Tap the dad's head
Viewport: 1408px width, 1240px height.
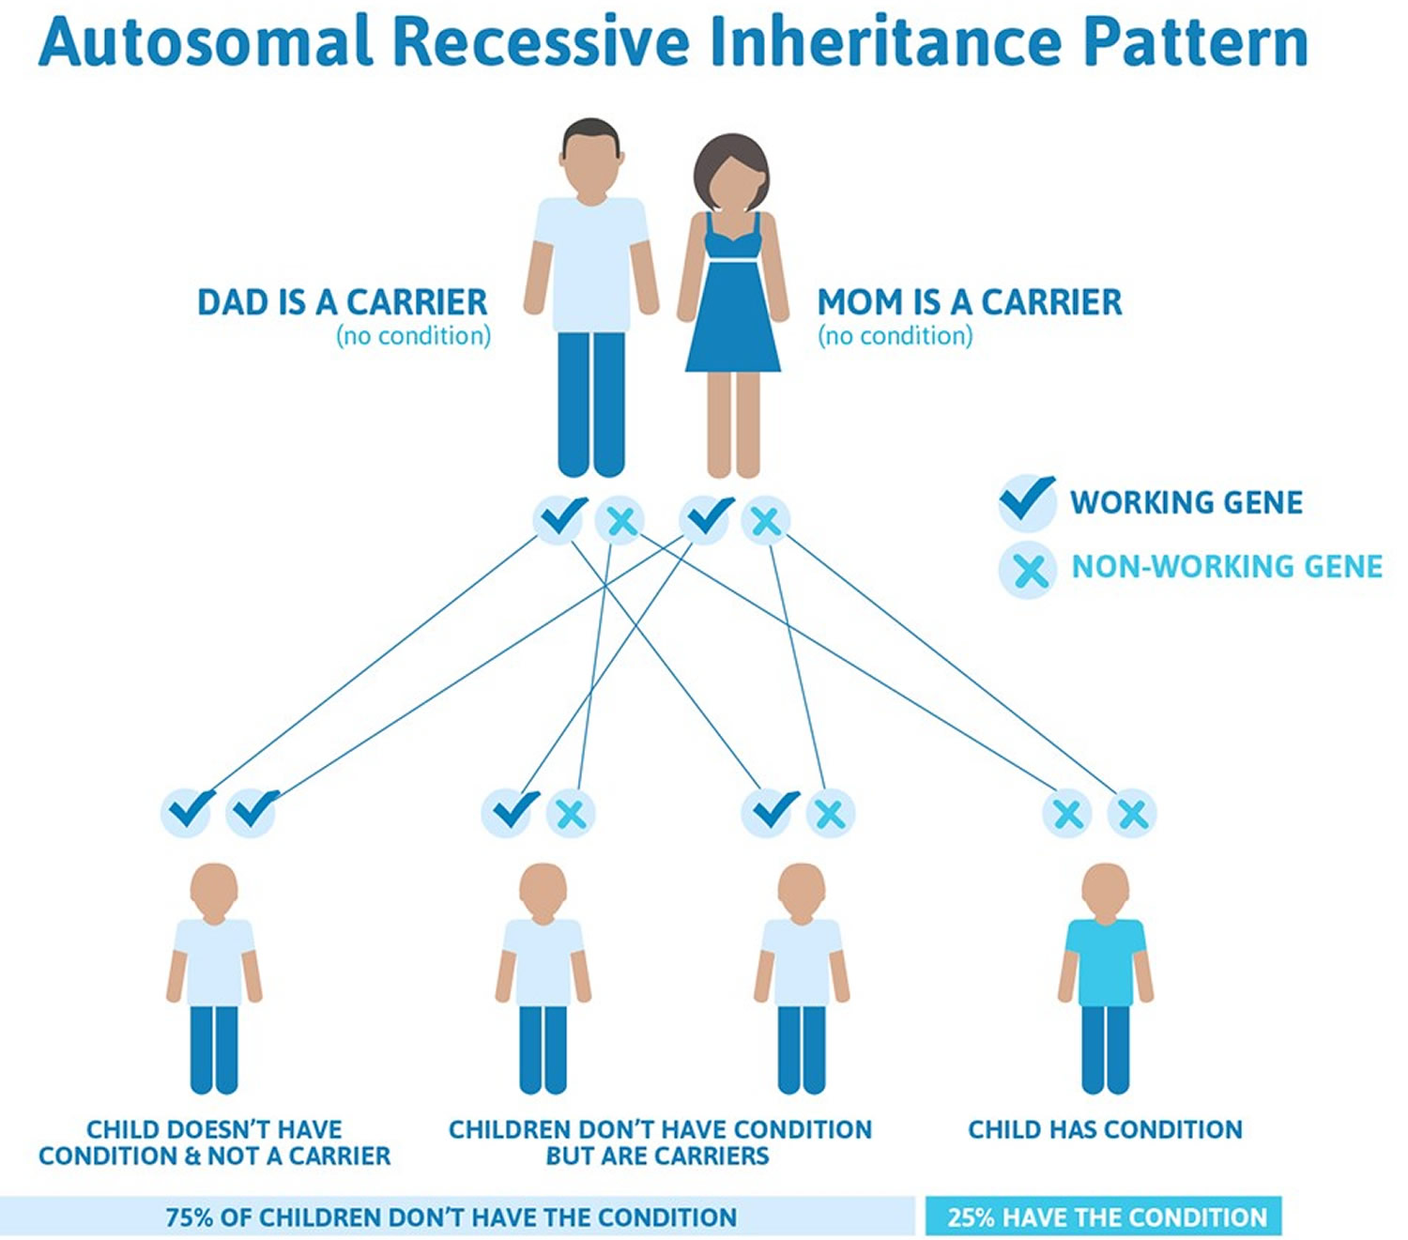590,160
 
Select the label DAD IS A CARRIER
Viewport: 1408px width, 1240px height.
343,302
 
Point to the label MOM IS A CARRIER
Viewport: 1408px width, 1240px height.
970,302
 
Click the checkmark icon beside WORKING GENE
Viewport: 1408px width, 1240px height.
1027,499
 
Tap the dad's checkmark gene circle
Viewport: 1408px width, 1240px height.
560,517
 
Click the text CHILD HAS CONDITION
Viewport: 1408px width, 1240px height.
1105,1129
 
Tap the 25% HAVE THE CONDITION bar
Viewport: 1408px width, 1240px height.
1105,1217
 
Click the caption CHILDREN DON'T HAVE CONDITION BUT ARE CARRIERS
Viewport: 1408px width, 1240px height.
660,1141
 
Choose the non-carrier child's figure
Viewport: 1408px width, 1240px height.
214,976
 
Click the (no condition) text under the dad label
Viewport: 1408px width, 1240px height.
413,336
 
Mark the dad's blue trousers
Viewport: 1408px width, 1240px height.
590,404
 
